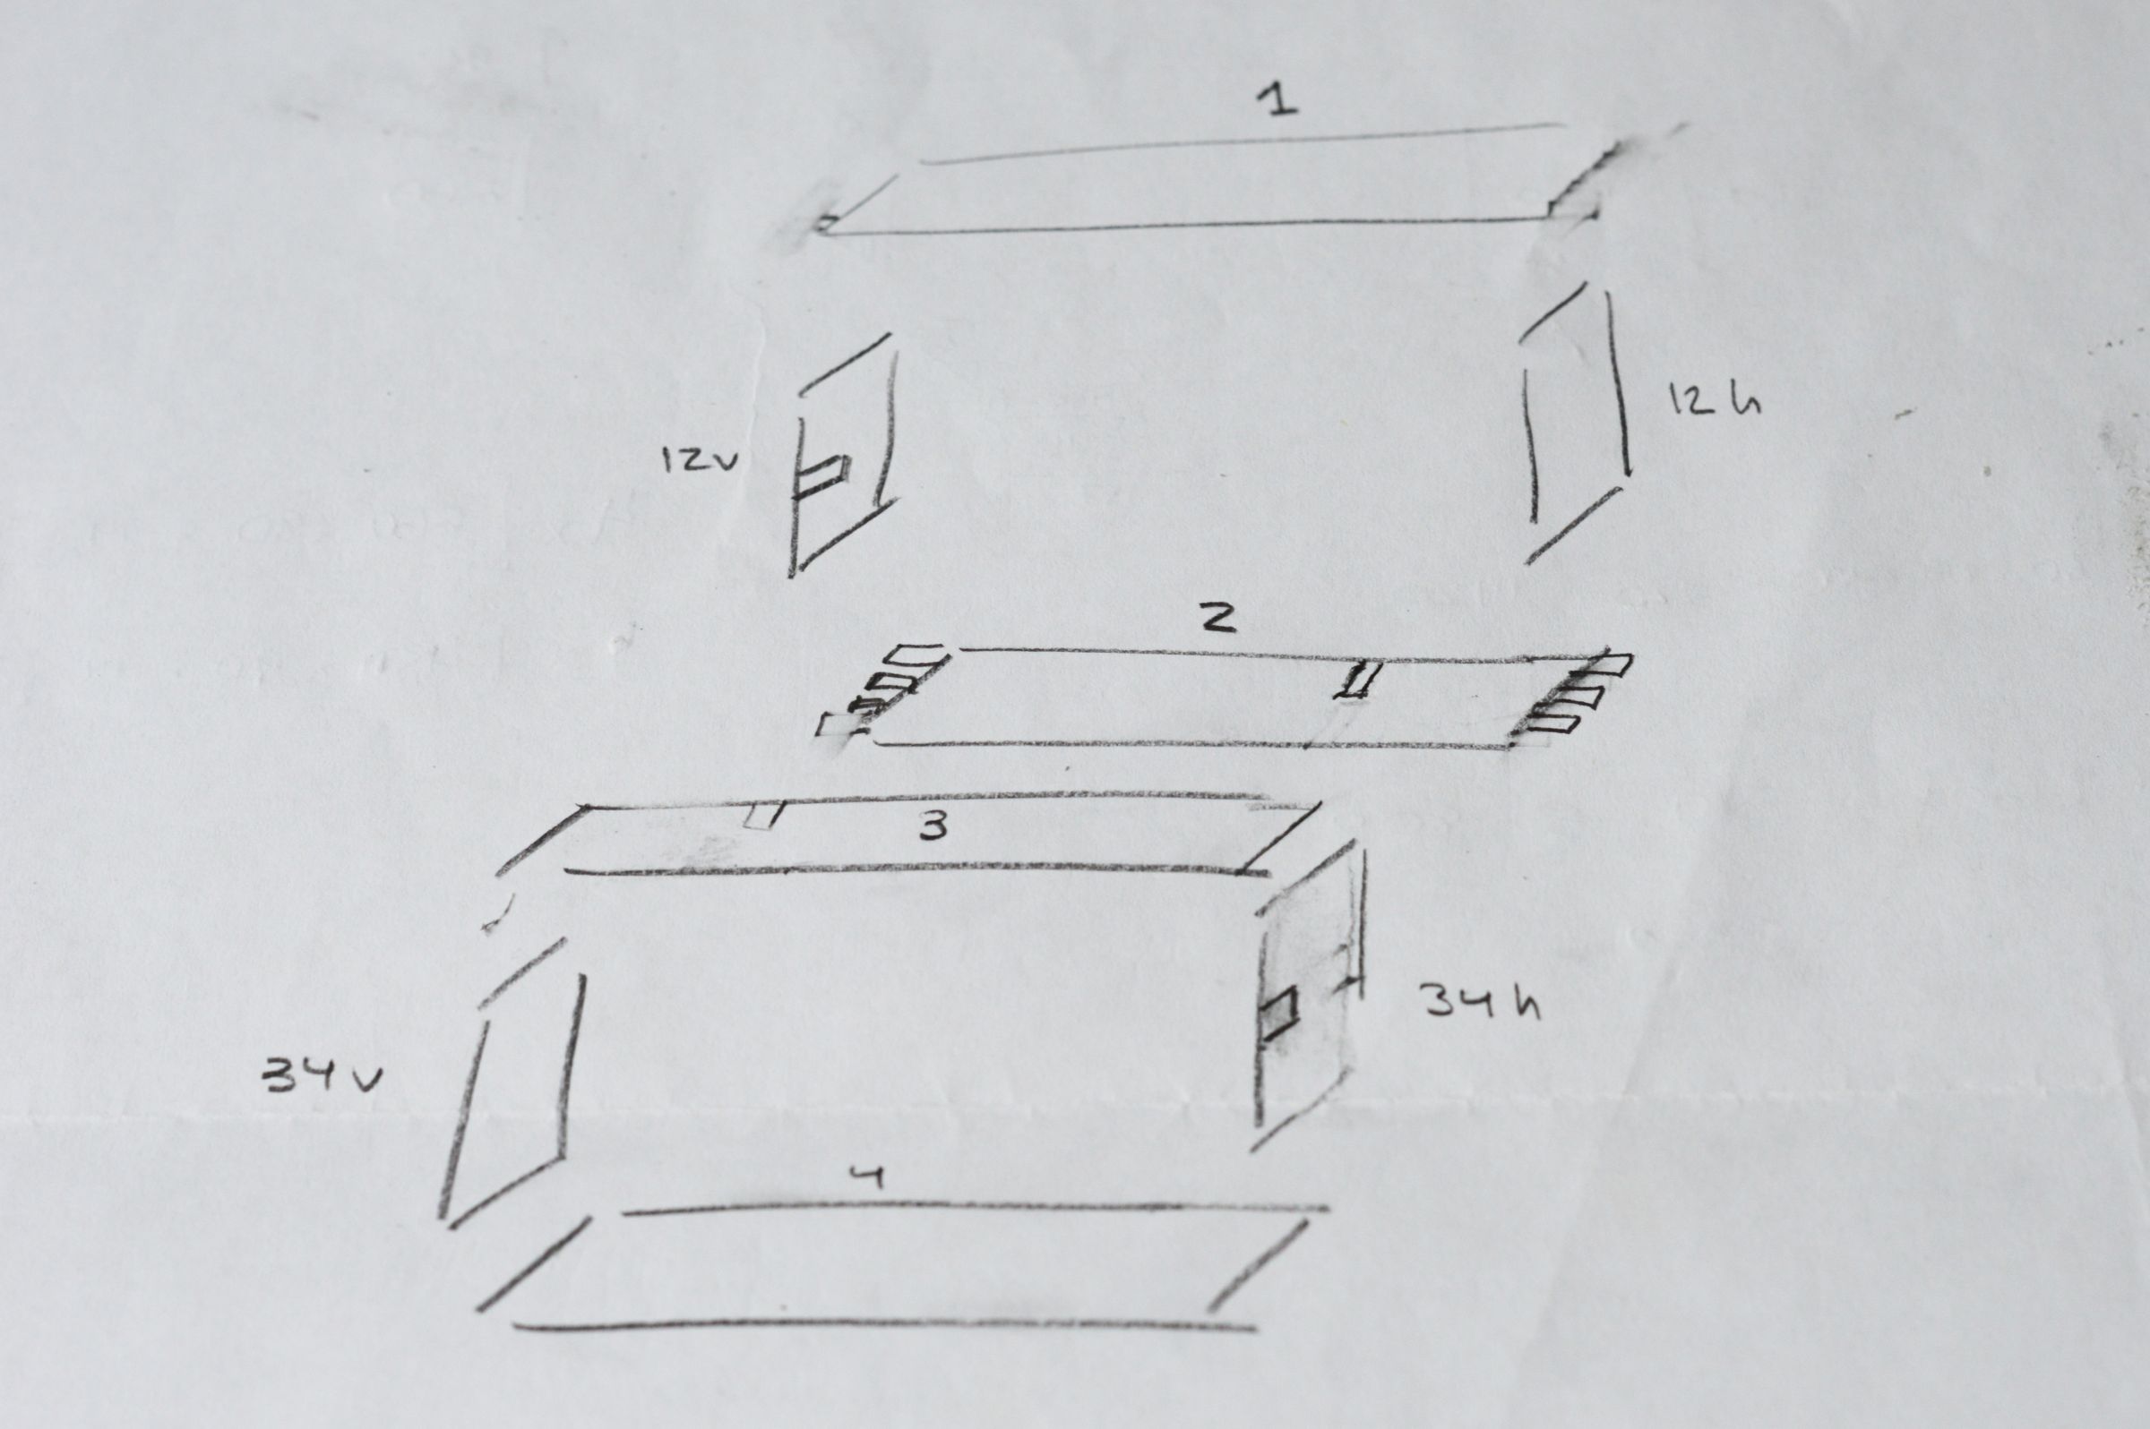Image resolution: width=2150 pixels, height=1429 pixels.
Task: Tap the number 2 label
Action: click(1217, 619)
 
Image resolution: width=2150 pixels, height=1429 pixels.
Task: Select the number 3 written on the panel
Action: click(932, 826)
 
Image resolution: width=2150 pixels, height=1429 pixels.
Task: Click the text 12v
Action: click(700, 461)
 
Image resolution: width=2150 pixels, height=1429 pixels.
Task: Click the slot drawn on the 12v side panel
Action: click(823, 475)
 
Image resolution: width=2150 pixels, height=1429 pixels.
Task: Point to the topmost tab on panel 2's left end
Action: click(916, 654)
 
